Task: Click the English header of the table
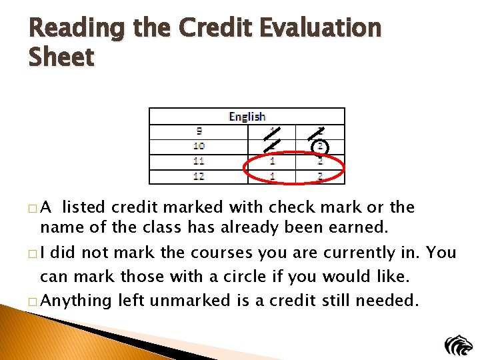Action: click(x=247, y=117)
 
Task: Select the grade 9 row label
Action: click(x=198, y=131)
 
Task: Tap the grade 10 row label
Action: click(x=198, y=146)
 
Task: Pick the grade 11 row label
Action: click(x=198, y=161)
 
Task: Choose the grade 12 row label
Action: click(x=198, y=177)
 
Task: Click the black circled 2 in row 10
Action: click(x=320, y=147)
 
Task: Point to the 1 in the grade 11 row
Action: click(x=272, y=161)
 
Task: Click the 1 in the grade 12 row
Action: click(x=272, y=177)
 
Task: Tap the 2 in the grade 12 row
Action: click(x=320, y=177)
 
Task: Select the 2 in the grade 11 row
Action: click(x=320, y=161)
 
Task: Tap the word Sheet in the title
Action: click(x=61, y=57)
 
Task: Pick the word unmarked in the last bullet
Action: click(x=191, y=301)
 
